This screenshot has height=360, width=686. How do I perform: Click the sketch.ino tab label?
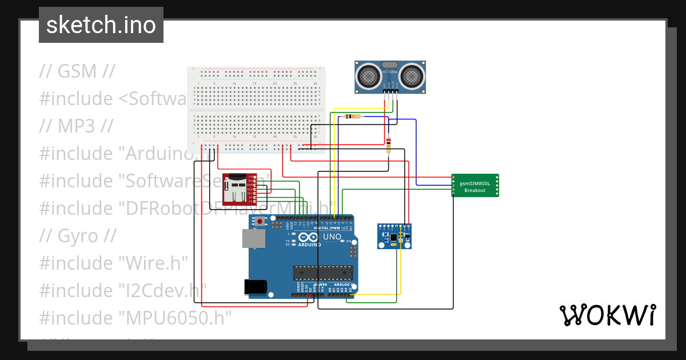point(101,25)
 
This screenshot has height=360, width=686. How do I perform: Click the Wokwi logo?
point(607,315)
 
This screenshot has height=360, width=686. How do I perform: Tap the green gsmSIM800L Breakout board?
point(474,186)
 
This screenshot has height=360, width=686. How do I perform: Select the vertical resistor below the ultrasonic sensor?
point(389,144)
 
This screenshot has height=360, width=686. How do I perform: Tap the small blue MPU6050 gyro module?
point(394,237)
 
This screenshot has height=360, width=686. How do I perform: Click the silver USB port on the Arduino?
point(253,239)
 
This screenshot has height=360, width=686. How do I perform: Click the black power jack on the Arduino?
point(256,286)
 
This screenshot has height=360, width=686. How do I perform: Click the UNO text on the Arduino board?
point(332,237)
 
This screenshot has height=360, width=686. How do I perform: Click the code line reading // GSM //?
point(77,71)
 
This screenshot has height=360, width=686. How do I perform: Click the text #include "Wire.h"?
point(113,263)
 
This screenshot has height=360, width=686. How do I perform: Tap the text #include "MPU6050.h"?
point(135,318)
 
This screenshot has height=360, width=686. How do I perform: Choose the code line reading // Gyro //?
point(78,236)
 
